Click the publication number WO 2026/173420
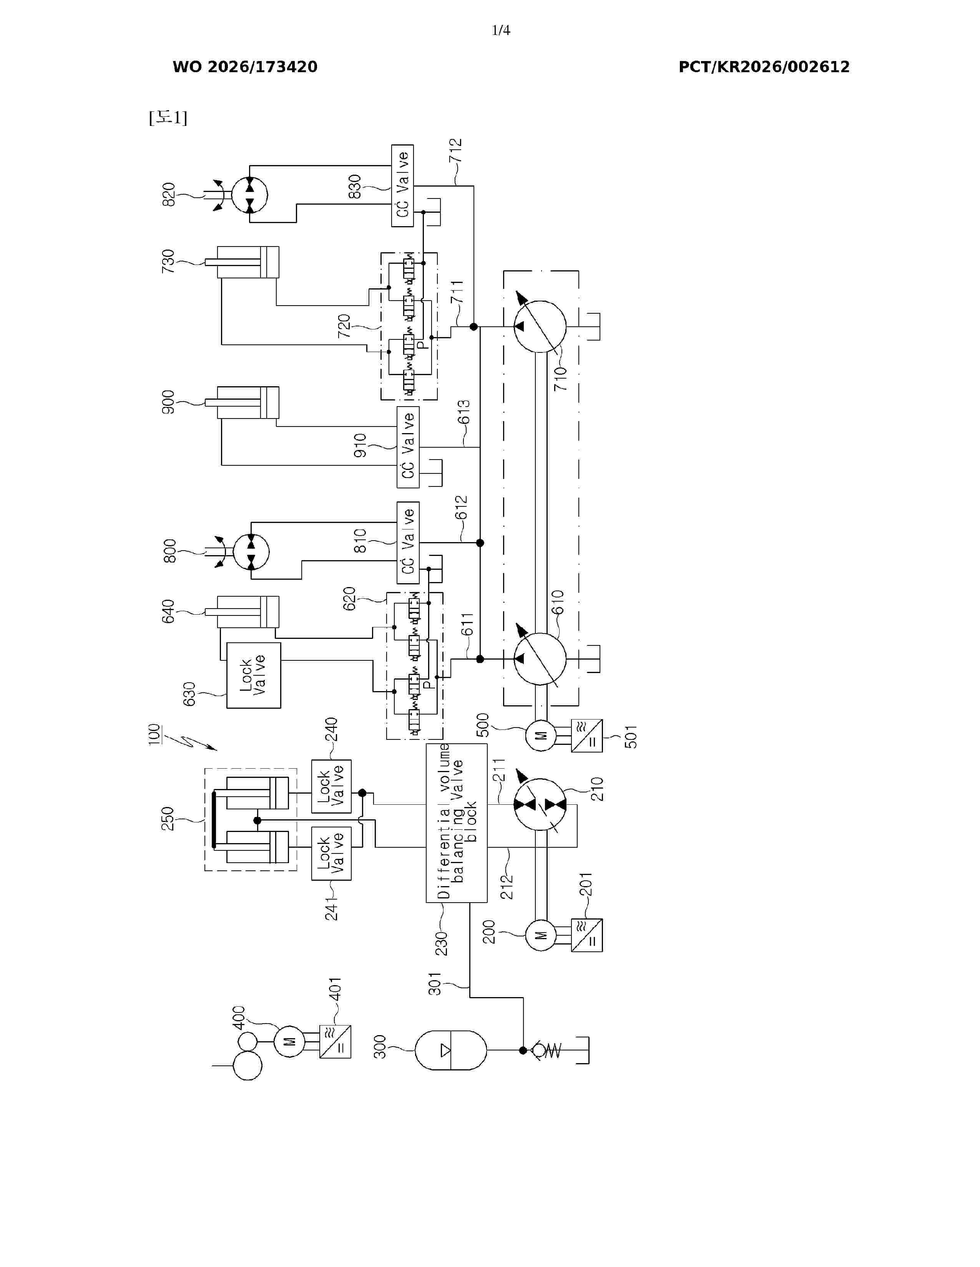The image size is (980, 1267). pyautogui.click(x=245, y=67)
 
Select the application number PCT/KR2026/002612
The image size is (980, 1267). pyautogui.click(x=764, y=67)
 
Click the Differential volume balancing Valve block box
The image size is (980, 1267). pyautogui.click(x=456, y=823)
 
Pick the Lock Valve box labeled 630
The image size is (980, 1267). pyautogui.click(x=254, y=675)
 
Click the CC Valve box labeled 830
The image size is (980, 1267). pyautogui.click(x=402, y=186)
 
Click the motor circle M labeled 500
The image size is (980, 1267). pyautogui.click(x=540, y=736)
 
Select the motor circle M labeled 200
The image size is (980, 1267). pyautogui.click(x=540, y=935)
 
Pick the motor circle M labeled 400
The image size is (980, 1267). pyautogui.click(x=289, y=1041)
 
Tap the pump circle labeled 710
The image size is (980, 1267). pyautogui.click(x=540, y=327)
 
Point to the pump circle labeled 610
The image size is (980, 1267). pyautogui.click(x=540, y=659)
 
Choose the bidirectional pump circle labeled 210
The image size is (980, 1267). pyautogui.click(x=540, y=804)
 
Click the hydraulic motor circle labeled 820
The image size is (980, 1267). pyautogui.click(x=250, y=195)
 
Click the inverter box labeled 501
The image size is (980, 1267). pyautogui.click(x=587, y=736)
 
